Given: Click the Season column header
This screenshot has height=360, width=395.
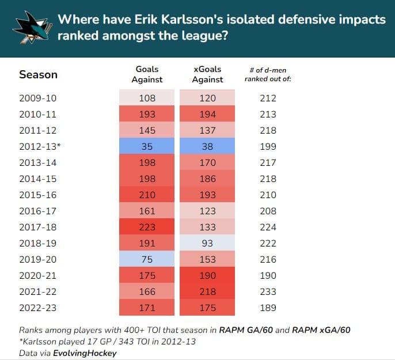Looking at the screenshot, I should pos(38,74).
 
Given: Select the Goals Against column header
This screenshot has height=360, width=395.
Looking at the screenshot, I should pos(147,74).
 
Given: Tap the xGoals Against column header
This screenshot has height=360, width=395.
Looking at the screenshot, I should pos(207,74).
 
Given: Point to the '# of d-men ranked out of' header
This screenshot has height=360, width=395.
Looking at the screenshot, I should pos(268,74).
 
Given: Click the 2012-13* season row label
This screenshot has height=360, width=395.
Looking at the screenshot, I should pos(39,146).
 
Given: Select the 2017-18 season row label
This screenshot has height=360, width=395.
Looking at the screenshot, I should pos(38,227).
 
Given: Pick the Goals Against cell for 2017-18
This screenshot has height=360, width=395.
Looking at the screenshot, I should pos(147,227).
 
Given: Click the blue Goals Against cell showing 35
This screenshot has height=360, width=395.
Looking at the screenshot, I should pos(147,146).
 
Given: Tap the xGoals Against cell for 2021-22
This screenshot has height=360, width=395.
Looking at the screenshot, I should pos(207,291).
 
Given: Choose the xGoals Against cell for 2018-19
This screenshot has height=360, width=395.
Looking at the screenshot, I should pos(207,243).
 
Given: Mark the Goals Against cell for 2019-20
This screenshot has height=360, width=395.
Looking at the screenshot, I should pos(147,259).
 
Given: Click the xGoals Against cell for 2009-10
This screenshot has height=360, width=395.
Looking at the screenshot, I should pos(207,98).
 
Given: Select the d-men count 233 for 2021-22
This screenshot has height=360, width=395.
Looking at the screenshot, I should pos(268,291).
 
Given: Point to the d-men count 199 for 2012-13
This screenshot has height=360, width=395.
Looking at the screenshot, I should pos(268,146).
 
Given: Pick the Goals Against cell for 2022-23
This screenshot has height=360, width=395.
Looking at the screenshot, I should pos(147,308).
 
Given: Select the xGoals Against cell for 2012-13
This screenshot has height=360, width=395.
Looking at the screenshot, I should pos(207,146).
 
